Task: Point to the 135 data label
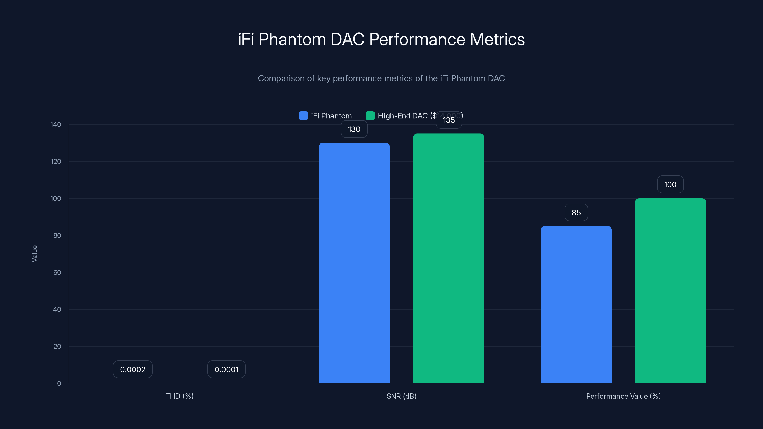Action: point(449,120)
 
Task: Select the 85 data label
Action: point(576,213)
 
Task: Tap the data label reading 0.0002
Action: point(133,369)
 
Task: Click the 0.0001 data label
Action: point(226,369)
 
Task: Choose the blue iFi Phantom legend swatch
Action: point(303,116)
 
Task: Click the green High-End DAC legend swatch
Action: point(370,116)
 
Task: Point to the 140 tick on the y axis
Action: point(56,124)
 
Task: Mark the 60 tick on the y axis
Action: point(57,272)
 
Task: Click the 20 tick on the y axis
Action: point(57,346)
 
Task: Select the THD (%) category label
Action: point(180,396)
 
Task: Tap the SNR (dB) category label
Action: point(401,396)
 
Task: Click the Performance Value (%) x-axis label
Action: point(623,396)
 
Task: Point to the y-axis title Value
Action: point(35,253)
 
